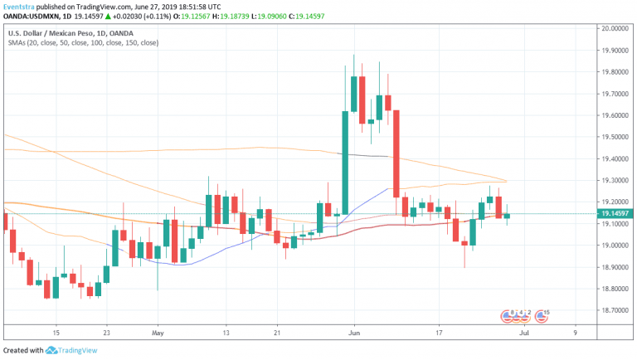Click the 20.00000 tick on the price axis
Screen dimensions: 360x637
click(x=617, y=28)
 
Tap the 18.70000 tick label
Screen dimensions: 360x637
click(x=617, y=310)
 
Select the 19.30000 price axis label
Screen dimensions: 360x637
click(x=617, y=180)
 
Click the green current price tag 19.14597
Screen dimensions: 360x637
click(x=617, y=214)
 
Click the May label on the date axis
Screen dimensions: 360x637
click(x=158, y=332)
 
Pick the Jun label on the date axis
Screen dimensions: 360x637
click(x=353, y=332)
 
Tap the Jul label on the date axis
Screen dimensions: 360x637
click(x=524, y=332)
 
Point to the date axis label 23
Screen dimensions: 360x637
click(x=108, y=332)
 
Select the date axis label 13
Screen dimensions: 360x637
click(x=225, y=332)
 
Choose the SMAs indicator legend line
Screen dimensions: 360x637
click(x=83, y=42)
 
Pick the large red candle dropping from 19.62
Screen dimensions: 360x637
click(x=396, y=153)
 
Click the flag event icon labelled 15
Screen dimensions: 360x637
click(x=542, y=315)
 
